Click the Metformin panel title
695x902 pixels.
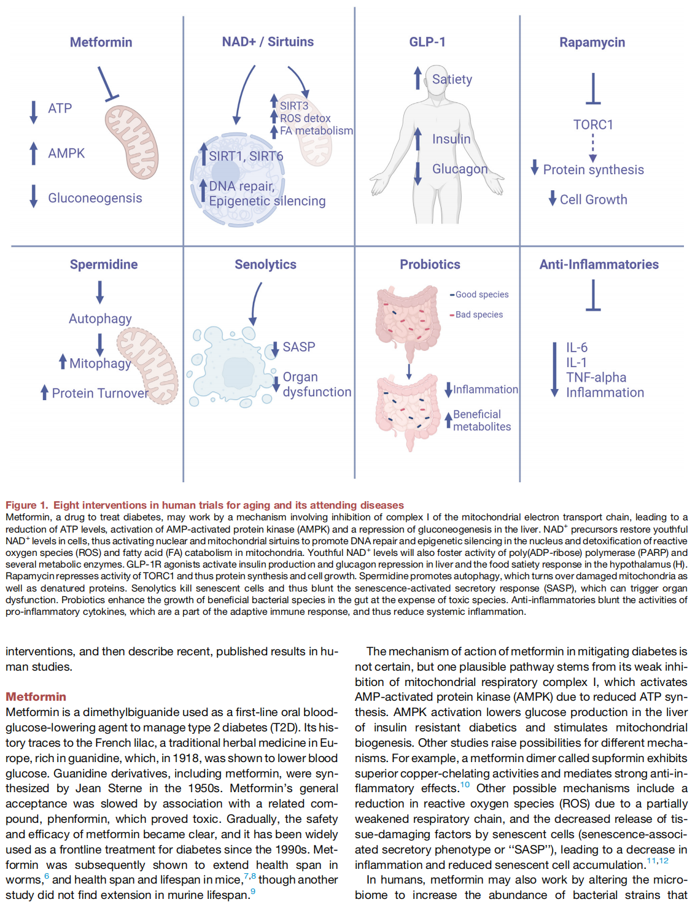(101, 42)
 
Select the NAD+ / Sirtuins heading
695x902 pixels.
(268, 42)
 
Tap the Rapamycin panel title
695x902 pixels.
(592, 43)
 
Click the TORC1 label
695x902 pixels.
(593, 125)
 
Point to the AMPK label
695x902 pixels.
(66, 153)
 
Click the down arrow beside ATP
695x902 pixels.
(34, 112)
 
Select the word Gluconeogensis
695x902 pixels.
(95, 198)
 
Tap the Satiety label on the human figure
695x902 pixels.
(452, 79)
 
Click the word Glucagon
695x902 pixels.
(460, 169)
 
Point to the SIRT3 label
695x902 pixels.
(294, 106)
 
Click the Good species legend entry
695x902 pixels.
(479, 295)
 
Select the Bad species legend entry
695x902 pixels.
(476, 315)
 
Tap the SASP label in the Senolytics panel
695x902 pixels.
(299, 347)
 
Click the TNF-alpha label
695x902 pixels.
(596, 377)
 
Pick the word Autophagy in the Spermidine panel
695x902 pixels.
(100, 319)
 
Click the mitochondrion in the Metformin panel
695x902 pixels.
(131, 142)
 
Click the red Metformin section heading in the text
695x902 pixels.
(36, 696)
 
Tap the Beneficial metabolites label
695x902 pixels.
(482, 420)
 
